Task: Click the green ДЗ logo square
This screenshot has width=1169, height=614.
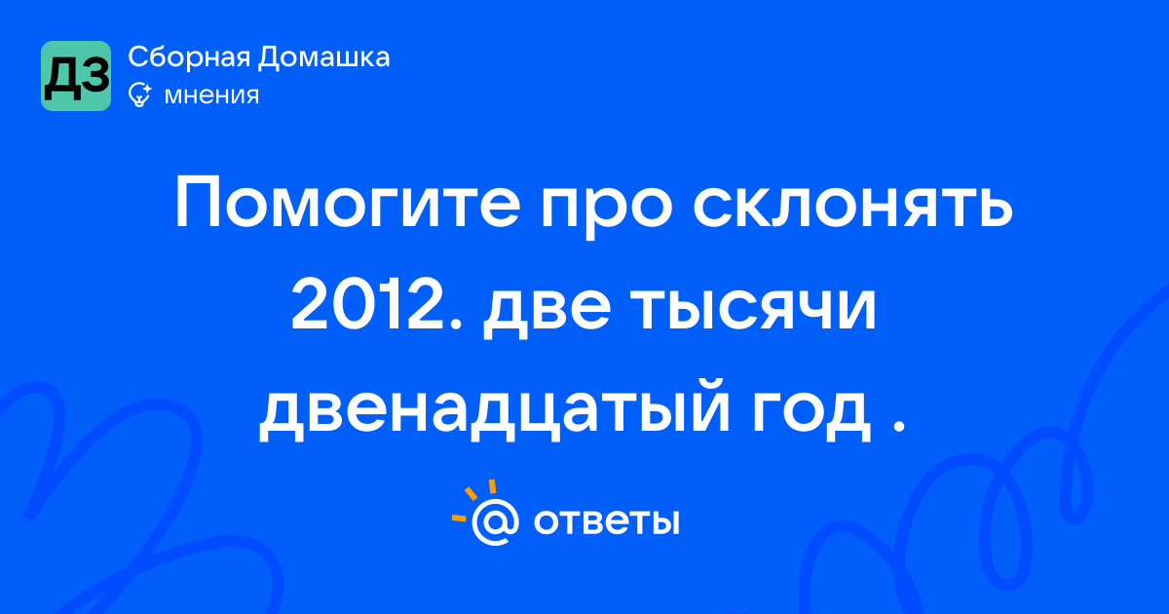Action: point(76,76)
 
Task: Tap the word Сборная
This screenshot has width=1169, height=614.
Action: point(189,57)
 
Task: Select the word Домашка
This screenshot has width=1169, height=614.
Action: point(323,58)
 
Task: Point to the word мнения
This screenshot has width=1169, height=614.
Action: point(211,96)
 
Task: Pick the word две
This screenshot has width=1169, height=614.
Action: point(547,312)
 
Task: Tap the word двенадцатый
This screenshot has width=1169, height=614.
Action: point(494,411)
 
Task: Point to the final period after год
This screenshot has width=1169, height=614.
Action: point(898,425)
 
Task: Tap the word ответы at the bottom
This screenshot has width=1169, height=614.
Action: point(606,521)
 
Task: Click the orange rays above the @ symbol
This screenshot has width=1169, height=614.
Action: point(473,500)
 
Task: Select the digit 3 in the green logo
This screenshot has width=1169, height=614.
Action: point(94,76)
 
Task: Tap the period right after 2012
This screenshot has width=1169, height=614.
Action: point(455,324)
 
